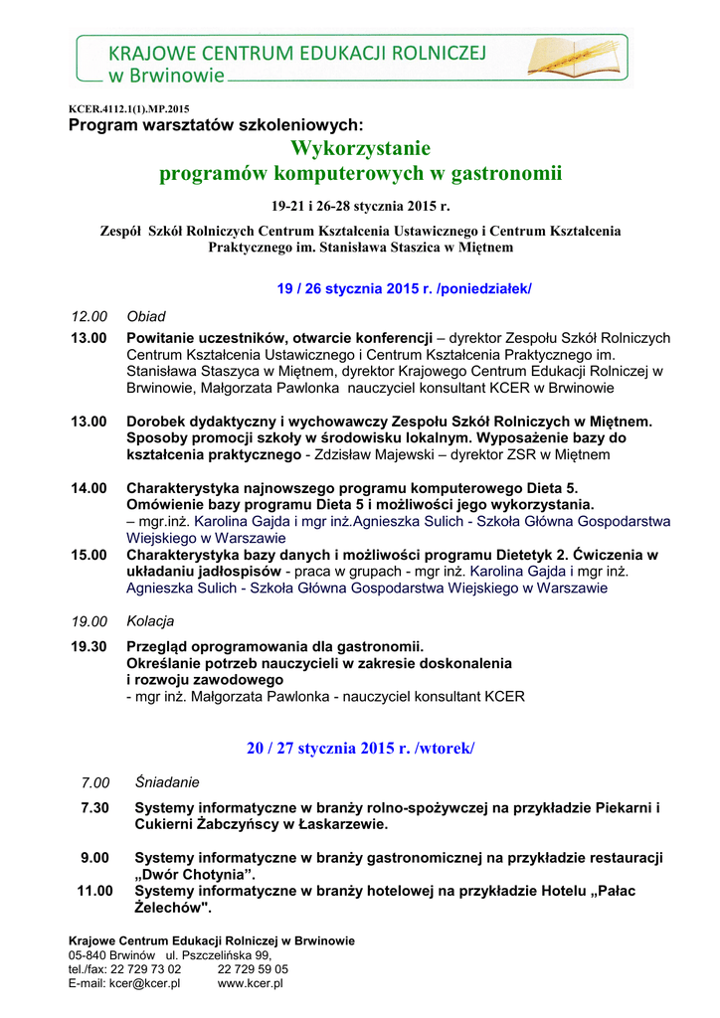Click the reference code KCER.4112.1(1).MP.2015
click(128, 108)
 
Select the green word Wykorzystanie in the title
click(360, 149)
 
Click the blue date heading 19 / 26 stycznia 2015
click(404, 288)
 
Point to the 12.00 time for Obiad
click(89, 316)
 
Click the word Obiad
click(146, 316)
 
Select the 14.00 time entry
click(89, 488)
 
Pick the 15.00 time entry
click(89, 555)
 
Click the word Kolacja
click(150, 621)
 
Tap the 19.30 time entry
click(89, 646)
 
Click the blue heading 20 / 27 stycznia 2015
click(360, 748)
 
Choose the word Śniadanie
click(167, 782)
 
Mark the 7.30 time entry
click(95, 807)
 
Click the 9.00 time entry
click(95, 857)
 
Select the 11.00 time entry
click(95, 891)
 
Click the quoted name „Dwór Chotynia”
click(195, 874)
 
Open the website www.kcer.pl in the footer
click(251, 983)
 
